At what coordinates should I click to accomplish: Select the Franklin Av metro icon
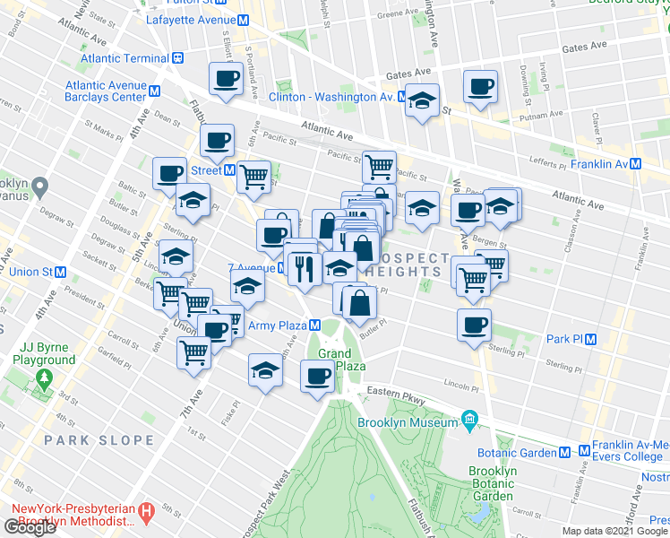click(636, 164)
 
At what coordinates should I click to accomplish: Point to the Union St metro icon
click(61, 272)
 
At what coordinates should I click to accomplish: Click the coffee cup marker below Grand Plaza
click(317, 377)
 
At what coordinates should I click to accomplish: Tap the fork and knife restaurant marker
click(305, 268)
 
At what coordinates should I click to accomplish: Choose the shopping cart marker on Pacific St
click(380, 166)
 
